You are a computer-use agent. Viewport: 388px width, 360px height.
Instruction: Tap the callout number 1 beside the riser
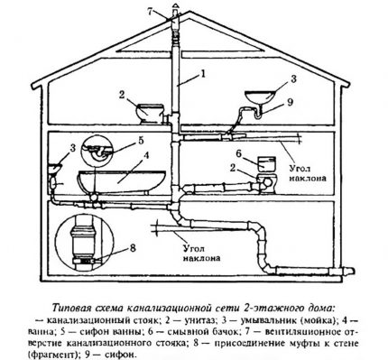205,72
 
